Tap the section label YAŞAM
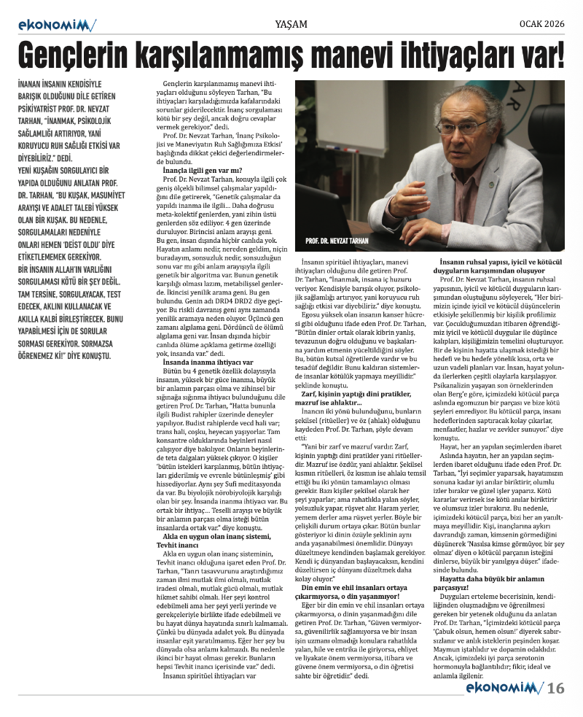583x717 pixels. (291, 24)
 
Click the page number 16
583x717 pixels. (556, 688)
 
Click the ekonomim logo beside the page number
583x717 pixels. (503, 688)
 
